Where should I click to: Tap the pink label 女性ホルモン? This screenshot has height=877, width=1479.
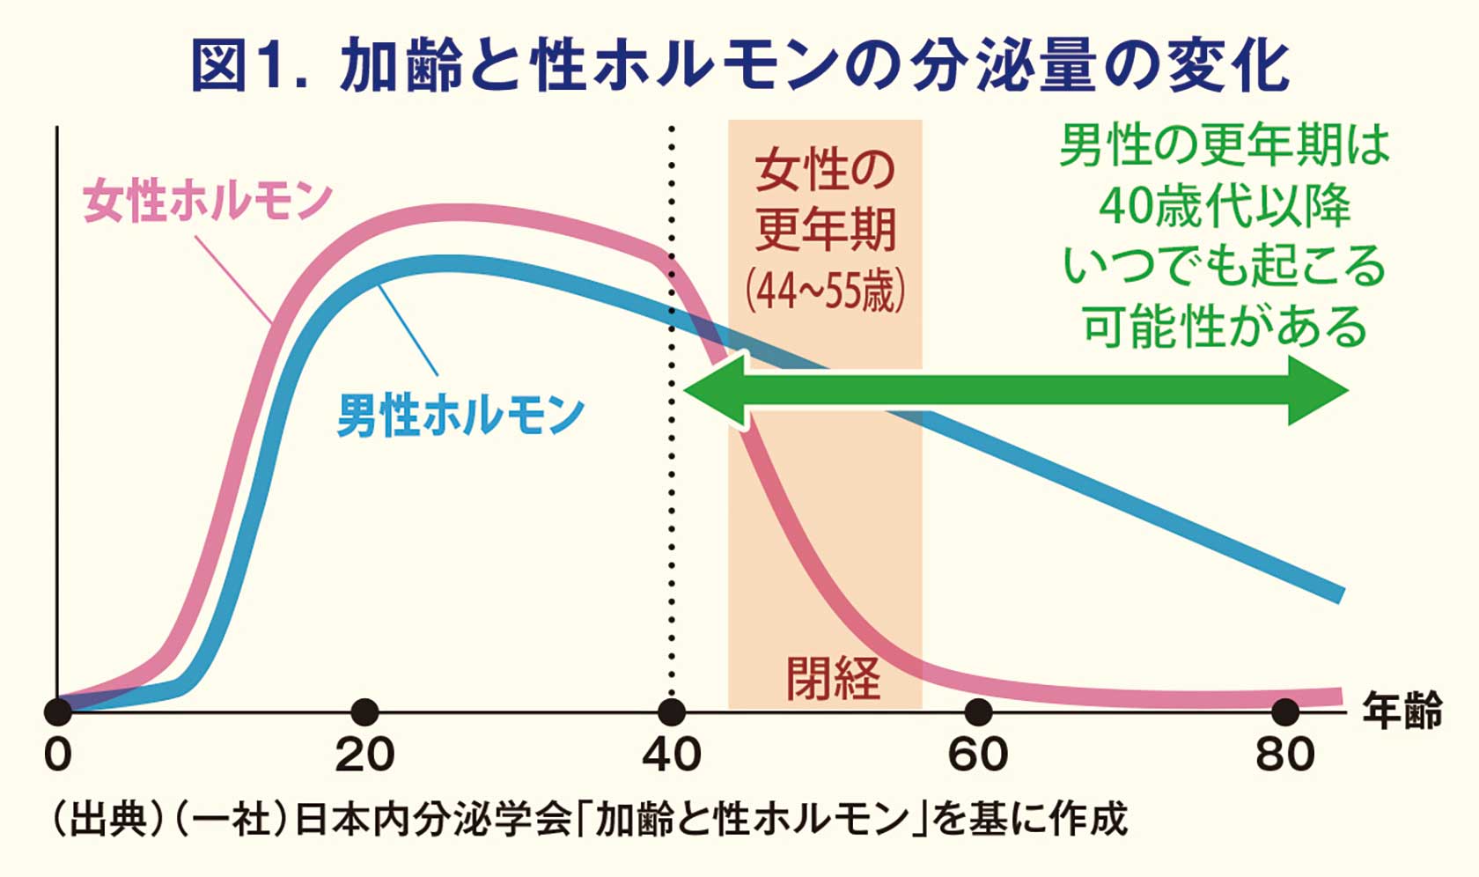[x=208, y=201]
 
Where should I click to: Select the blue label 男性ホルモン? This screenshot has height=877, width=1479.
[x=460, y=415]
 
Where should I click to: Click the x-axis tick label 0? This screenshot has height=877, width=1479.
[x=58, y=755]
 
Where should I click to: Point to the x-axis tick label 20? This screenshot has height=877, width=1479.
[x=364, y=755]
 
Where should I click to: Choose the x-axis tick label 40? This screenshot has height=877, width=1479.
[x=671, y=755]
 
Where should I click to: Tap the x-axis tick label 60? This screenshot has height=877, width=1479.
[x=978, y=755]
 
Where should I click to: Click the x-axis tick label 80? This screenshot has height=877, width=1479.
[x=1285, y=755]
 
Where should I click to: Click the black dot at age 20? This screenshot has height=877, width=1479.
[x=364, y=711]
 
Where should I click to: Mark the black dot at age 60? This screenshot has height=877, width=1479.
[x=978, y=711]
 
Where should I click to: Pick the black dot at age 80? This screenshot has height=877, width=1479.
[x=1285, y=711]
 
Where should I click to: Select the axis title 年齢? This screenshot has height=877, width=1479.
[x=1402, y=711]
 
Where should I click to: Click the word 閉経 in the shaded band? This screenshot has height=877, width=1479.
[x=833, y=678]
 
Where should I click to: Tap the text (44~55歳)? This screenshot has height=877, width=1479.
[x=825, y=291]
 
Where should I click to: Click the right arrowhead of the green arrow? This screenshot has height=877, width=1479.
[x=1321, y=390]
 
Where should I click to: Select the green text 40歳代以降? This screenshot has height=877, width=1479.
[x=1224, y=206]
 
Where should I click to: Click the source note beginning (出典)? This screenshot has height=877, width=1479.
[x=588, y=819]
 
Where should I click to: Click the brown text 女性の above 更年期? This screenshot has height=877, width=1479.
[x=825, y=170]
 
